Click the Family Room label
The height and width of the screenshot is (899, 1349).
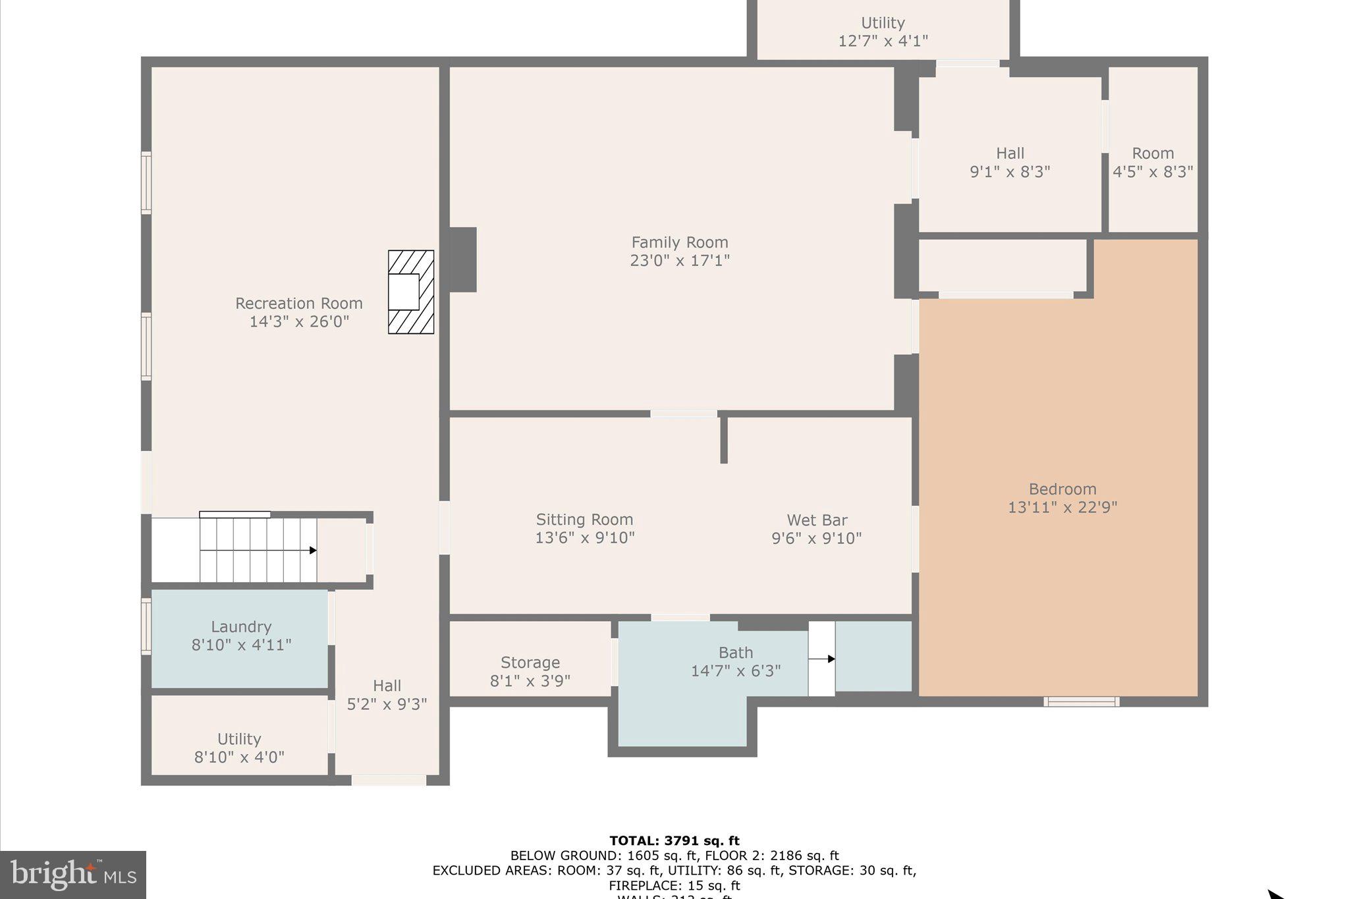(x=680, y=242)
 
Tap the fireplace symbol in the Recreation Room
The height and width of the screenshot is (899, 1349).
(x=410, y=292)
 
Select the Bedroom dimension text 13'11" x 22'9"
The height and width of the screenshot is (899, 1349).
(x=1062, y=507)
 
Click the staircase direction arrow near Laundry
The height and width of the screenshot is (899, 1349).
(x=312, y=550)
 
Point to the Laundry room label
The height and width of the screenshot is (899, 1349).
(x=241, y=626)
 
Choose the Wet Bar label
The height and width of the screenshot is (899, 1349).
(x=817, y=520)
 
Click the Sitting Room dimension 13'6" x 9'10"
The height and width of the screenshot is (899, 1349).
(x=584, y=537)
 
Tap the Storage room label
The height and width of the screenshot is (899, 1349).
(x=530, y=662)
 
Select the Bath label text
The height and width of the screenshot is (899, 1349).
(x=736, y=653)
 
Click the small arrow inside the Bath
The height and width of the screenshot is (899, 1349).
(x=831, y=659)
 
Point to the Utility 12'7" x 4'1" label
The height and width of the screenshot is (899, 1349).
(x=883, y=32)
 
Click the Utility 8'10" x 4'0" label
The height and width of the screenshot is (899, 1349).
(x=239, y=748)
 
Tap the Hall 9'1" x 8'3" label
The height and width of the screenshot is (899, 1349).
(x=1010, y=162)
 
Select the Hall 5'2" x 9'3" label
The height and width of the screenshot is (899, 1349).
(x=387, y=694)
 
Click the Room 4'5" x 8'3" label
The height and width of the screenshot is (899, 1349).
(x=1153, y=162)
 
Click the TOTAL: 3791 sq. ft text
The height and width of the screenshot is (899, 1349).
(x=674, y=840)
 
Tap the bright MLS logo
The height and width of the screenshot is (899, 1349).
(x=73, y=875)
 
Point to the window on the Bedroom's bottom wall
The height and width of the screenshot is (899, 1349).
(x=1081, y=701)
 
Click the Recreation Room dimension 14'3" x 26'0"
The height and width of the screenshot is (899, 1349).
(x=299, y=321)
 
